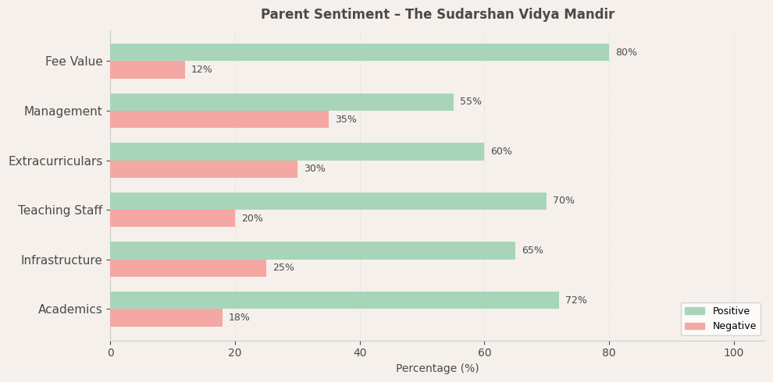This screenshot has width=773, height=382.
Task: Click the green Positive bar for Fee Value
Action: (359, 52)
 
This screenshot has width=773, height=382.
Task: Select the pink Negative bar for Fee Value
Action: (148, 70)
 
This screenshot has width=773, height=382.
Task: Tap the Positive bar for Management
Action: (282, 102)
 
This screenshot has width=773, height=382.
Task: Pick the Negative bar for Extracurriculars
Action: (204, 169)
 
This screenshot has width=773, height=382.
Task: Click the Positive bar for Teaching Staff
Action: (328, 201)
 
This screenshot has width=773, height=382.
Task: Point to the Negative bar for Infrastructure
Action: (188, 268)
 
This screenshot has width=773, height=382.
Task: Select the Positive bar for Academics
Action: (334, 300)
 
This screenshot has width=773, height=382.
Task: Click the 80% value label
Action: (626, 52)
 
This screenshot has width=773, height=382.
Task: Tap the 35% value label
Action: (346, 119)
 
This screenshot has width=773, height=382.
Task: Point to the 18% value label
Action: (239, 317)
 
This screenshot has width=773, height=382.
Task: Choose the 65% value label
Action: (533, 250)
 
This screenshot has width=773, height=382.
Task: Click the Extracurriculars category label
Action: (55, 161)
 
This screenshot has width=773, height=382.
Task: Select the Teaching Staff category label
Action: (60, 210)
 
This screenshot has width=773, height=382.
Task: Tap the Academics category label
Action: (70, 309)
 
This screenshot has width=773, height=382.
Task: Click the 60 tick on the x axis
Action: (484, 353)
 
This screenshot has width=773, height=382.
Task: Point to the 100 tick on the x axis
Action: (734, 353)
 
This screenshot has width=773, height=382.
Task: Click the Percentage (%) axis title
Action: (437, 368)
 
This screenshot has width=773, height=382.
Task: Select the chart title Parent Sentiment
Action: (437, 14)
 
